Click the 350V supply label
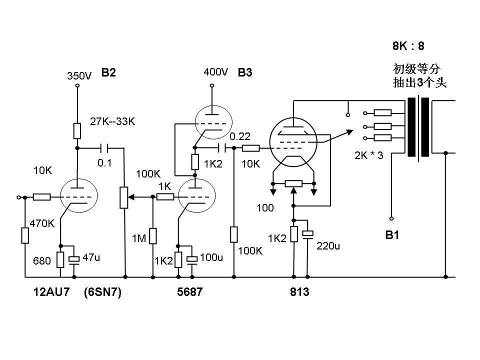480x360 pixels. tap(79, 76)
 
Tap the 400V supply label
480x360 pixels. tap(215, 72)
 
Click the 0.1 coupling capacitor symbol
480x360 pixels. tap(104, 148)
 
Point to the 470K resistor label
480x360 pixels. tap(42, 223)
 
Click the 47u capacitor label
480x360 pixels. tap(91, 257)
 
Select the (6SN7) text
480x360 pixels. tap(103, 292)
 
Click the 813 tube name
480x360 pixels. tap(299, 292)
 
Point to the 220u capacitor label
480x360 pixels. tap(328, 245)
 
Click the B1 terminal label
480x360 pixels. tap(392, 235)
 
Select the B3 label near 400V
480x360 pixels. tap(245, 72)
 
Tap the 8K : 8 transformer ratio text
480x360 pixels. tap(408, 46)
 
